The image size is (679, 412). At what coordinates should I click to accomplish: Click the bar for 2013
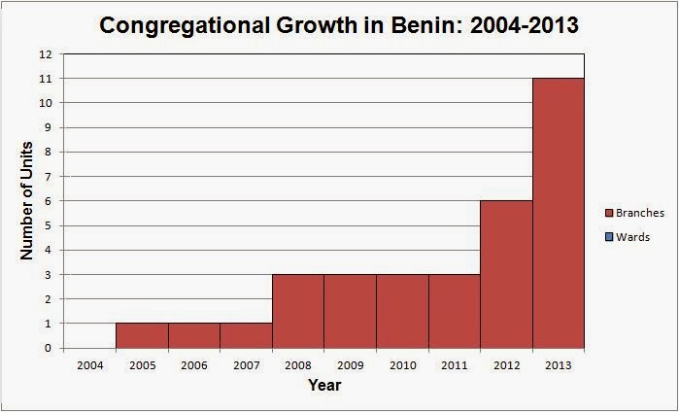tap(559, 214)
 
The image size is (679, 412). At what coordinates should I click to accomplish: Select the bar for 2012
tap(506, 275)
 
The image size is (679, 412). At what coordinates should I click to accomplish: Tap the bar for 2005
tap(142, 335)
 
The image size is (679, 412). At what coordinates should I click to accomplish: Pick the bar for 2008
tap(297, 311)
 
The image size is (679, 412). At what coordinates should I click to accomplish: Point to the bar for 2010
tap(402, 311)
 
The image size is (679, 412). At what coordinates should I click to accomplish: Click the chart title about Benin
tap(339, 25)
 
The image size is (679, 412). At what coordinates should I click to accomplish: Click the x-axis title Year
tap(324, 385)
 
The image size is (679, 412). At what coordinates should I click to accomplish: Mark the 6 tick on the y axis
tap(47, 201)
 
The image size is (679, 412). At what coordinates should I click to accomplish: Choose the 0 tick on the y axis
tap(47, 348)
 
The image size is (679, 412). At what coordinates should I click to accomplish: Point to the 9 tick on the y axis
tap(47, 127)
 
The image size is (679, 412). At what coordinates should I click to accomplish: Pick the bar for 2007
tap(246, 335)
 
